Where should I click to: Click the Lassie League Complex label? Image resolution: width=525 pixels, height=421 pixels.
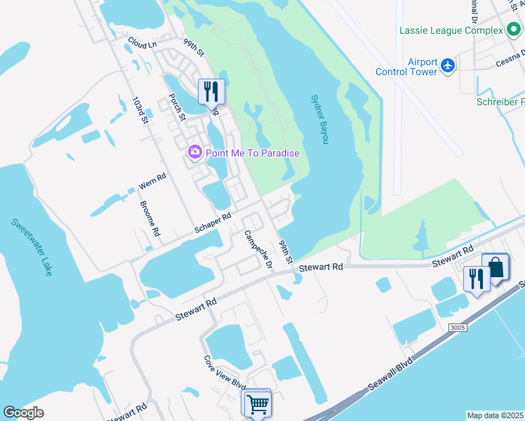click(x=451, y=30)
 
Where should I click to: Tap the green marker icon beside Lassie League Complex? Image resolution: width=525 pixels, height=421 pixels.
click(x=513, y=30)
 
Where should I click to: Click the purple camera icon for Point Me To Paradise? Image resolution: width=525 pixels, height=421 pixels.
click(x=195, y=152)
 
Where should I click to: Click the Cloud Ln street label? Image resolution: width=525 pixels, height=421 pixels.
click(x=142, y=44)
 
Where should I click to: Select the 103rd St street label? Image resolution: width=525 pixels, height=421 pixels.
click(x=141, y=111)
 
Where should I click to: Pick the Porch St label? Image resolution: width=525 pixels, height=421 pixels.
click(x=176, y=107)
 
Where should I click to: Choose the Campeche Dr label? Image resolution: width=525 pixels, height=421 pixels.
click(x=258, y=250)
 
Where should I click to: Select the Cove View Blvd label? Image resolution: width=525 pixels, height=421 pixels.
click(x=224, y=373)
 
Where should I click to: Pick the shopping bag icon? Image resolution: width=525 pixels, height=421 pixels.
click(x=496, y=267)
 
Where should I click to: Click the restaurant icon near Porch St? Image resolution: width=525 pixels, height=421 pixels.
click(x=211, y=91)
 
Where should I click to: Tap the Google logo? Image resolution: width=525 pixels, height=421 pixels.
click(x=24, y=413)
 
